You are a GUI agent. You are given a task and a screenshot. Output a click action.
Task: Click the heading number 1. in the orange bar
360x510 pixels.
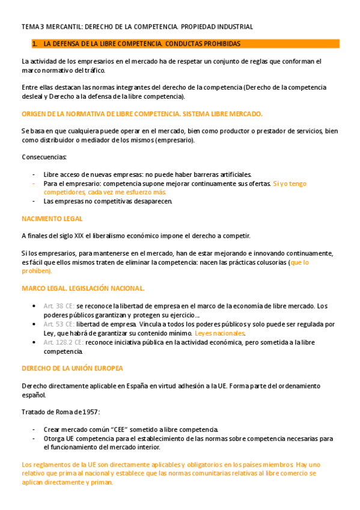pyautogui.click(x=35, y=44)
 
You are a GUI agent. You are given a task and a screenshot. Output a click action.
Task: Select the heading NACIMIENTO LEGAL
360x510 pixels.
pyautogui.click(x=52, y=219)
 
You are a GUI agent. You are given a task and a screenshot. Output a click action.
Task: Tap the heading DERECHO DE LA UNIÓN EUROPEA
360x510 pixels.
pyautogui.click(x=72, y=368)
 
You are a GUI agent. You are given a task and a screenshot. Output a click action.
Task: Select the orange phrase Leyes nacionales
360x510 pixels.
pyautogui.click(x=220, y=333)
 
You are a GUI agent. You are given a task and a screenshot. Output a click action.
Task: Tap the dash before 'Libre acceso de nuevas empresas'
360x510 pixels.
pyautogui.click(x=34, y=174)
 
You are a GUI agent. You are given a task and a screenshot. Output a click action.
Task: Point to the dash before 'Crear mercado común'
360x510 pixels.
pyautogui.click(x=34, y=429)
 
